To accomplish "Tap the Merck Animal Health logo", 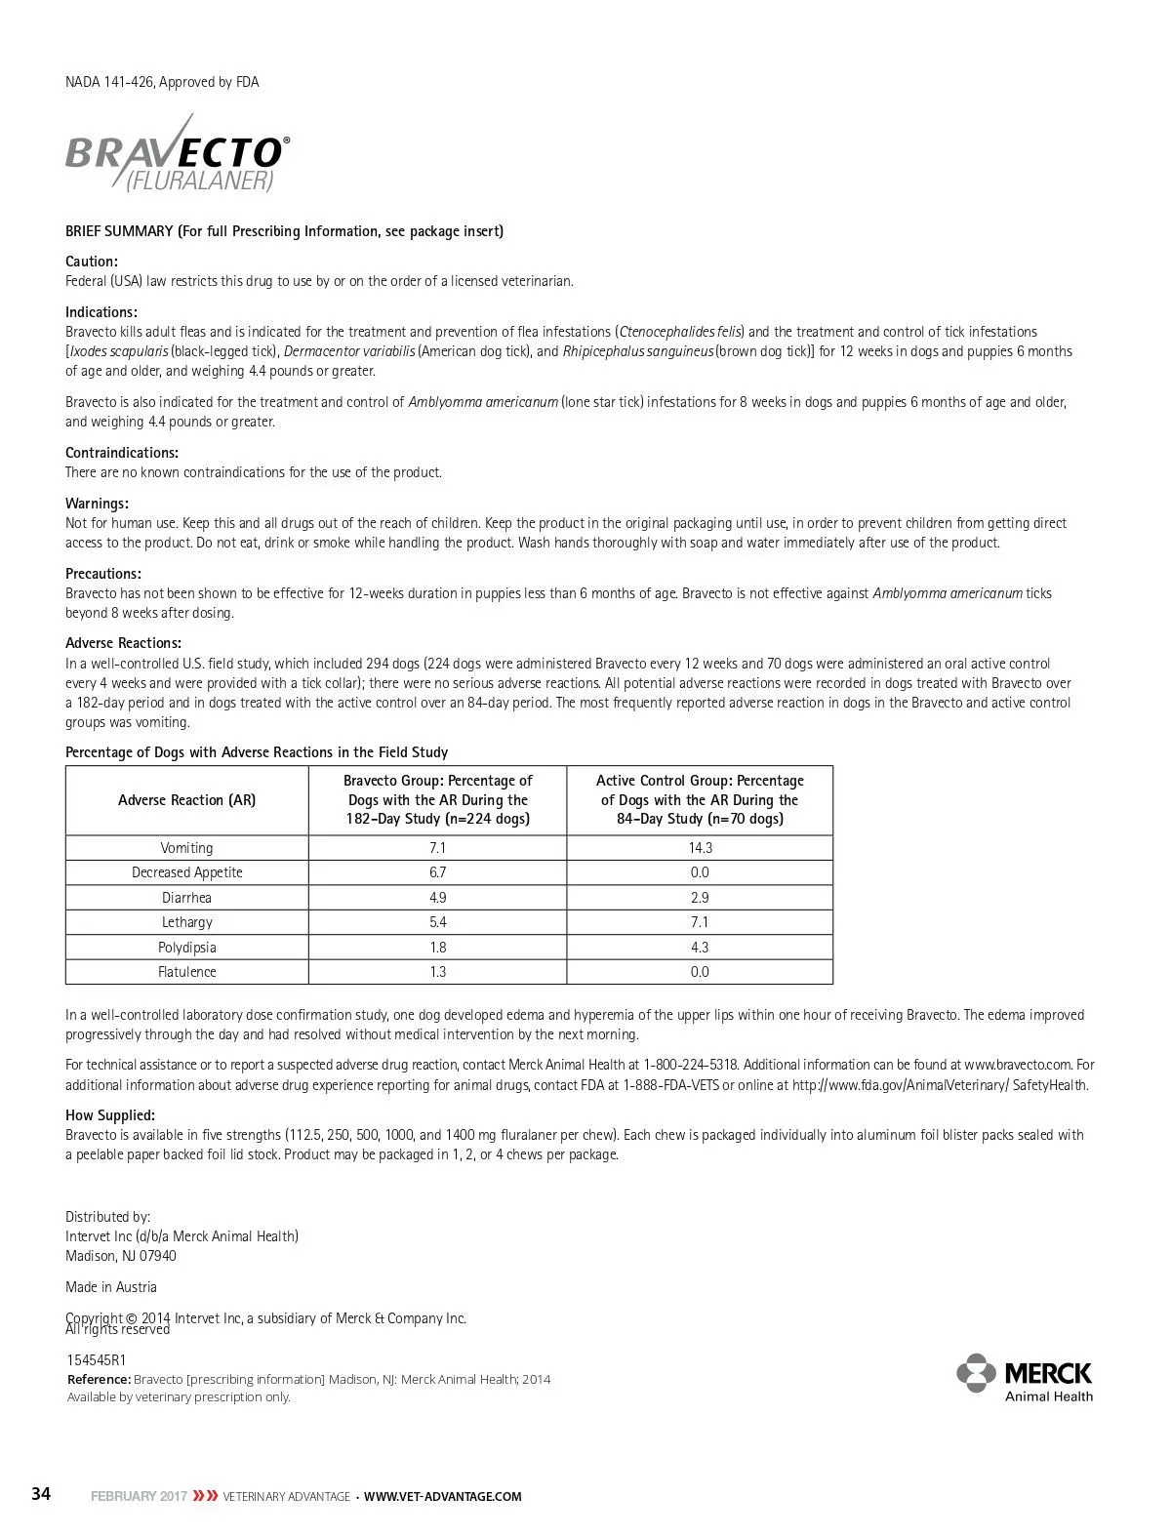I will (1025, 1377).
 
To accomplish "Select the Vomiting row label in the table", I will (186, 848).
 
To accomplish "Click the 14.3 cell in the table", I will (700, 848).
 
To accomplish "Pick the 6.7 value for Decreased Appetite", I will (437, 872).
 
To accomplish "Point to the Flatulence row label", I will (186, 972).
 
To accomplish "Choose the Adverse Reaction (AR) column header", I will (186, 800).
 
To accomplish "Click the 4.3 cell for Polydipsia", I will (700, 948).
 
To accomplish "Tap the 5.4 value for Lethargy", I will (437, 922).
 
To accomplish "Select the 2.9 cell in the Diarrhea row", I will (700, 898).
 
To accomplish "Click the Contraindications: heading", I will (122, 453).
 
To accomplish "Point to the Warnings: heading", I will (97, 504).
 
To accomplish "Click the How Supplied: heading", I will (110, 1115).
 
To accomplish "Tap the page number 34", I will (41, 1494).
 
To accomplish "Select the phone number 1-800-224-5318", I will (691, 1065).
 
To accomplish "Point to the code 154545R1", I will (96, 1360).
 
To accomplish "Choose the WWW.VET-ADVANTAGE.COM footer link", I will (442, 1496).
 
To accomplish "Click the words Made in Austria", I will (111, 1287).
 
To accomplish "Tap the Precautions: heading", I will (103, 574).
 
